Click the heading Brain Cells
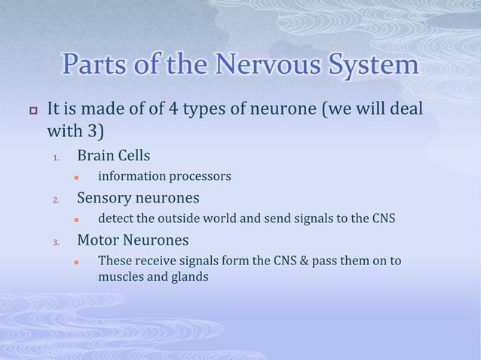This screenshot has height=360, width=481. point(114,156)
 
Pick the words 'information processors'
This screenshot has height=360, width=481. point(164,177)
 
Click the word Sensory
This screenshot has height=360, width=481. point(108,198)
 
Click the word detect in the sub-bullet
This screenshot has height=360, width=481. point(116,219)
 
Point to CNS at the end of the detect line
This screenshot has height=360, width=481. point(382,219)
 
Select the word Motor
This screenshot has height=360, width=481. point(100,240)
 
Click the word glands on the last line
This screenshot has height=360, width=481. point(189,276)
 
